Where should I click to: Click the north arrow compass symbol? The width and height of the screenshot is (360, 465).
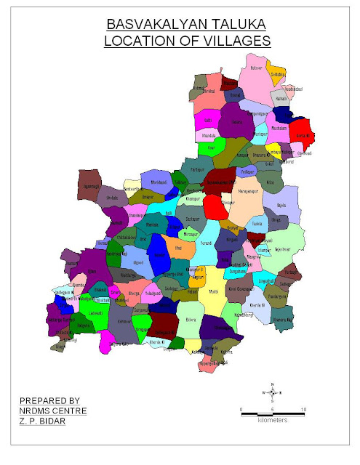click(271, 392)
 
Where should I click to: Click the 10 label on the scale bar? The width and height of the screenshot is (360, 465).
click(303, 410)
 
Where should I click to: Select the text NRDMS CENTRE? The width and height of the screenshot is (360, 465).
click(53, 411)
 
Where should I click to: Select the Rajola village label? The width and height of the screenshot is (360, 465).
click(281, 206)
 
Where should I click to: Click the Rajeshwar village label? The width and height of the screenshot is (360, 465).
click(282, 249)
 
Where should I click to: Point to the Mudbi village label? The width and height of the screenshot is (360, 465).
click(213, 291)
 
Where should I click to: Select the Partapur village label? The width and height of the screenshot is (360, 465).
click(198, 169)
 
